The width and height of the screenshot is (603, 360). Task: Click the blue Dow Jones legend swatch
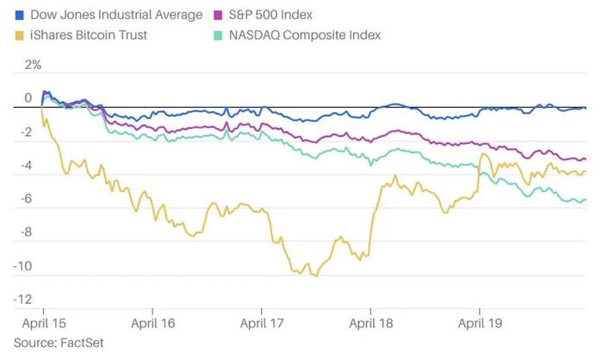tap(19, 15)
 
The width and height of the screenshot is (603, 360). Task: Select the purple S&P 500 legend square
tap(218, 15)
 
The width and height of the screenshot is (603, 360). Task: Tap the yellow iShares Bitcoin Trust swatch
tap(19, 35)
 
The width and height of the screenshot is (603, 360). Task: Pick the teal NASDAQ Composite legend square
tap(218, 35)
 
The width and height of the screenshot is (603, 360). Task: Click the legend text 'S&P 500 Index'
tap(270, 15)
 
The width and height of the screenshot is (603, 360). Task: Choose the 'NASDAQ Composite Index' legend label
tap(305, 35)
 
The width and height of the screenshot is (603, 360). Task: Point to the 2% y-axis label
tap(33, 65)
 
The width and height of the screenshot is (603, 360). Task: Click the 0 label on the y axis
tap(28, 98)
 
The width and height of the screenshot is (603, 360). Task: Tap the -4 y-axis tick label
tap(26, 165)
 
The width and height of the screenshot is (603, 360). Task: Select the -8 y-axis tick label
tap(26, 233)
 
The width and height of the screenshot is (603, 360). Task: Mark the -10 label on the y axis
tap(22, 266)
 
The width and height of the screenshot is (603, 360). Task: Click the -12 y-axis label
tap(22, 299)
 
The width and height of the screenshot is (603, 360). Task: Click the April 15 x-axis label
tap(44, 324)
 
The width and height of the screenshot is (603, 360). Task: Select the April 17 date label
tap(262, 324)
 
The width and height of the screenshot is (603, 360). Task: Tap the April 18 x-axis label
tap(371, 324)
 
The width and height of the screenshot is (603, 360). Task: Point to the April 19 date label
tap(480, 324)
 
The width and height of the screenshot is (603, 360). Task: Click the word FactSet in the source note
tap(82, 343)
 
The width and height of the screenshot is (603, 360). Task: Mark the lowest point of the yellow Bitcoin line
tap(316, 276)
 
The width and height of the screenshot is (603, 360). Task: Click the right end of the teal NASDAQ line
tap(585, 200)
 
